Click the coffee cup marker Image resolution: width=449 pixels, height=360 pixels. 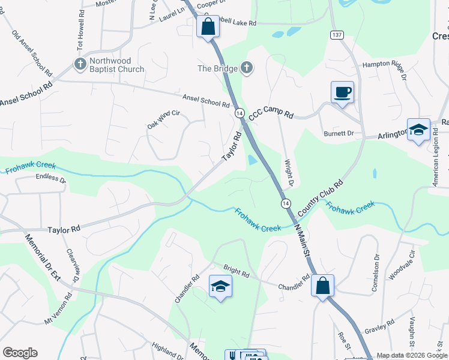[x=342, y=92]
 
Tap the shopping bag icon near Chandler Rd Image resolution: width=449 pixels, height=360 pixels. [x=323, y=286]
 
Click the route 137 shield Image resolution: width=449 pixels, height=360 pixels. [x=336, y=36]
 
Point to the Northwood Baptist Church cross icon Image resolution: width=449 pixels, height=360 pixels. [x=79, y=62]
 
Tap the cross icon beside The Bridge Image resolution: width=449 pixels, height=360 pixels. [x=246, y=68]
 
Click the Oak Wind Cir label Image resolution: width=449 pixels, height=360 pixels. [x=163, y=119]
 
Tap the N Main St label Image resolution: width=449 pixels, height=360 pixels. [x=302, y=239]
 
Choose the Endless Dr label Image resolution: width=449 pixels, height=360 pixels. [x=50, y=178]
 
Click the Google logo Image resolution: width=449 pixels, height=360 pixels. [x=20, y=353]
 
